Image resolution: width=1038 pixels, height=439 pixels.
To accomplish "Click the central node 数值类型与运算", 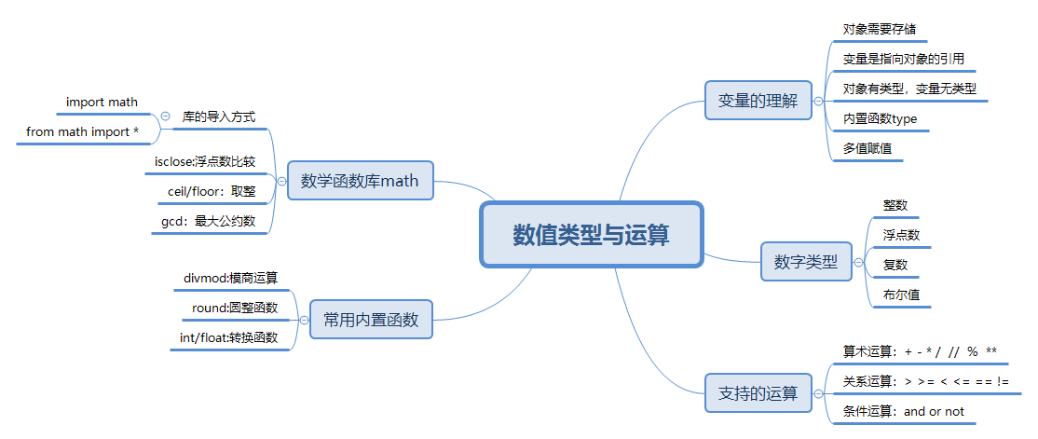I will tap(591, 235).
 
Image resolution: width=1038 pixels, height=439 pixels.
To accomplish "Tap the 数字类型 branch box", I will tap(805, 263).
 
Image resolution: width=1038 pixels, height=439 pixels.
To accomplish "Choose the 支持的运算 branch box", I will tap(758, 393).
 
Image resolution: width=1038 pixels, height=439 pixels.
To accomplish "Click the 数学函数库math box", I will tap(360, 180).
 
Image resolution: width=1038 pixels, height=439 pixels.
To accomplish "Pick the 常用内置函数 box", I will tap(371, 320).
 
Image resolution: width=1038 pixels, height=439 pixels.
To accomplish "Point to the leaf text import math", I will tap(102, 102).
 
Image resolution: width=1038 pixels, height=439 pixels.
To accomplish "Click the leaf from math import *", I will tap(82, 131).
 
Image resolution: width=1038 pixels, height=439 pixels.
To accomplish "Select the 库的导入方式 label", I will tap(219, 117).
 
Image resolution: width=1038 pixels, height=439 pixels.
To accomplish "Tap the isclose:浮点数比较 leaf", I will tap(205, 161).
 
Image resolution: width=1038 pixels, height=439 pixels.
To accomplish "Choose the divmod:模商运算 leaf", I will tap(231, 277).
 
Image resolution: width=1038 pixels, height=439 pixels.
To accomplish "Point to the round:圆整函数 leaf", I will tap(228, 307).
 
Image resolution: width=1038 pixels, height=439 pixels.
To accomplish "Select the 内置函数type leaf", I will tap(880, 118).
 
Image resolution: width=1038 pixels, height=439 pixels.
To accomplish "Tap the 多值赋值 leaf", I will tap(860, 148).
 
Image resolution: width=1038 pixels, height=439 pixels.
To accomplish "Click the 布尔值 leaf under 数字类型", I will tap(895, 295).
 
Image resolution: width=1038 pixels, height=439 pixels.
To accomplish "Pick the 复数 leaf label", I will tap(895, 265).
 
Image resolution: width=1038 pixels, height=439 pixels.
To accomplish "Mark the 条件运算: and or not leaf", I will tap(903, 411).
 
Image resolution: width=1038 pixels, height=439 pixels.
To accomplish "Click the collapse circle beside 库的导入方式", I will tap(166, 117).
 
